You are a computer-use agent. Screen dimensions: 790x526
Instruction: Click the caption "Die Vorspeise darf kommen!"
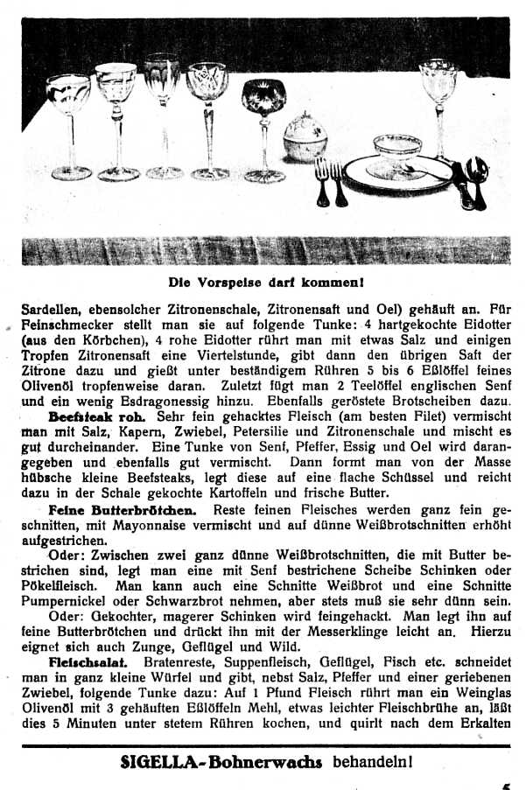pyautogui.click(x=266, y=283)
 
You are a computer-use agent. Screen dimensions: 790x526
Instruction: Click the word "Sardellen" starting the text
pyautogui.click(x=48, y=308)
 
